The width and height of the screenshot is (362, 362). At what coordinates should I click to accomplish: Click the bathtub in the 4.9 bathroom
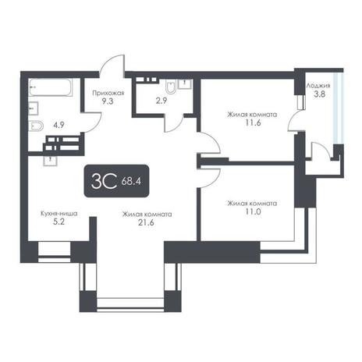pyautogui.click(x=51, y=87)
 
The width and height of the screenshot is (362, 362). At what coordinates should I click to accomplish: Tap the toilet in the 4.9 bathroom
pyautogui.click(x=36, y=126)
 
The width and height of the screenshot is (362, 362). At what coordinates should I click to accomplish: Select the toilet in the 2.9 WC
pyautogui.click(x=171, y=87)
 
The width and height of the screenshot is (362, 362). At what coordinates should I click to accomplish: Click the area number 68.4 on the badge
pyautogui.click(x=131, y=181)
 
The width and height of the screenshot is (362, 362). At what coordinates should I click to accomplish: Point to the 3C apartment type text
pyautogui.click(x=104, y=181)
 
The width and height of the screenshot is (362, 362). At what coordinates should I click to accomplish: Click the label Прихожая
pyautogui.click(x=108, y=93)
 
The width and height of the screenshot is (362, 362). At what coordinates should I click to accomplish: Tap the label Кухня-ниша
pyautogui.click(x=59, y=214)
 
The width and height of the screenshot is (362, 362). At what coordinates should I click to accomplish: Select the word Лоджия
pyautogui.click(x=318, y=86)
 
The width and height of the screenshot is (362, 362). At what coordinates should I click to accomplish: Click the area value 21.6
pyautogui.click(x=146, y=222)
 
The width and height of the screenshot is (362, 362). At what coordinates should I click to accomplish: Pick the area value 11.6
pyautogui.click(x=253, y=122)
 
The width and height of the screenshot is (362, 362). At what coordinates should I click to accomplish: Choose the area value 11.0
pyautogui.click(x=253, y=211)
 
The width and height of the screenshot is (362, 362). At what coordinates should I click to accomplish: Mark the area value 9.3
pyautogui.click(x=108, y=101)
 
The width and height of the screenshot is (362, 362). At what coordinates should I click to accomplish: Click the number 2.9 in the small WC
pyautogui.click(x=161, y=101)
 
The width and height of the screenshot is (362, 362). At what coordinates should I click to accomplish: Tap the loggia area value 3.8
pyautogui.click(x=319, y=94)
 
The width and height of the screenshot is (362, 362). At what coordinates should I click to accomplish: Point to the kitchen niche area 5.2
pyautogui.click(x=59, y=222)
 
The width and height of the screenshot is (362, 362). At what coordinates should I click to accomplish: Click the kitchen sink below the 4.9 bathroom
pyautogui.click(x=50, y=161)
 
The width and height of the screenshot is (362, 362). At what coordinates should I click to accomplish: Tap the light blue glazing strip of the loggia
pyautogui.click(x=339, y=108)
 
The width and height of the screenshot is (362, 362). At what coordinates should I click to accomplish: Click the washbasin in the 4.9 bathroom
pyautogui.click(x=34, y=108)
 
